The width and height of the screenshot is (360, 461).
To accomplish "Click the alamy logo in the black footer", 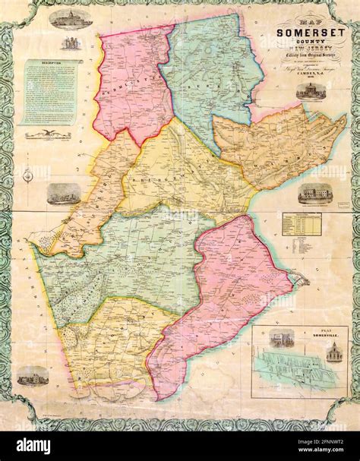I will [x=36, y=446].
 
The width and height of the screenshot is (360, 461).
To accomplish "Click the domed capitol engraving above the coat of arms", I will [x=70, y=18].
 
